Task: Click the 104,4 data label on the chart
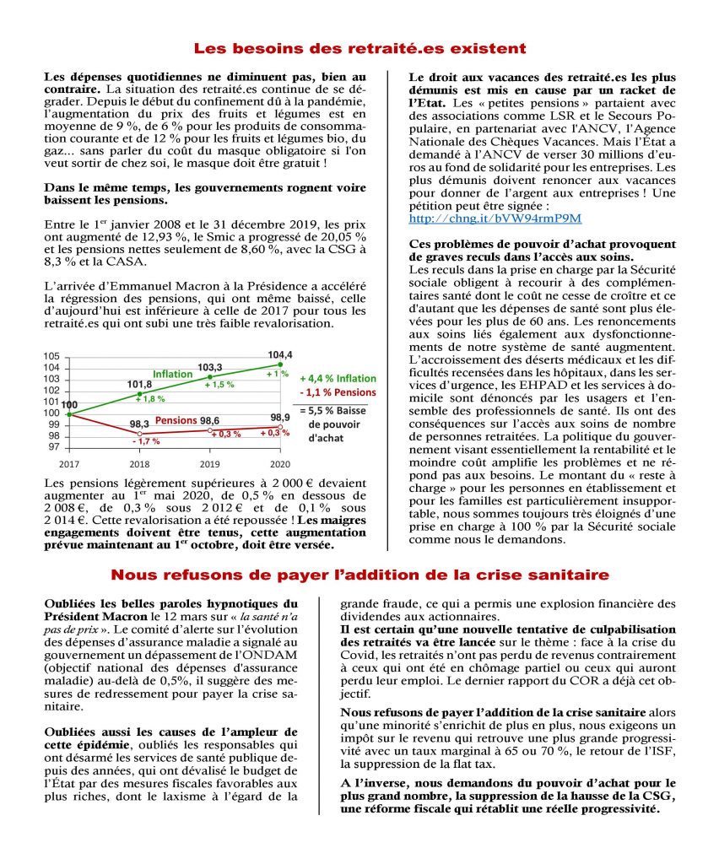point(279,354)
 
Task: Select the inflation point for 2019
point(210,377)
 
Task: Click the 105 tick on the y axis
point(52,357)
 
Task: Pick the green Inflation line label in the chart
point(172,374)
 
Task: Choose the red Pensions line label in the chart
point(175,419)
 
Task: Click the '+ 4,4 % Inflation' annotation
point(338,378)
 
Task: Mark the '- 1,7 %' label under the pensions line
point(146,441)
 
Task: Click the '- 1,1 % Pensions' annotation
point(338,392)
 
